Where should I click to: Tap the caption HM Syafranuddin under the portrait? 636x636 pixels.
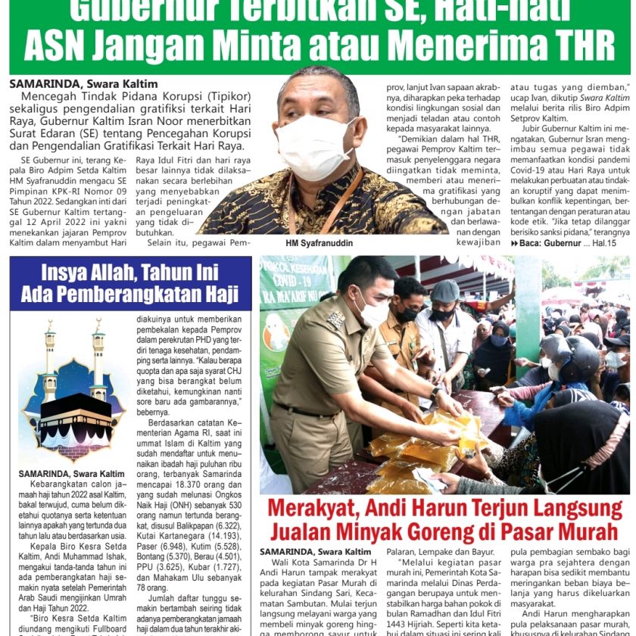(x=319, y=244)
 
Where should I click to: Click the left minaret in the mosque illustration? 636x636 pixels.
(x=50, y=356)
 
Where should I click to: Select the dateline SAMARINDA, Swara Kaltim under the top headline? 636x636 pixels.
(x=83, y=84)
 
